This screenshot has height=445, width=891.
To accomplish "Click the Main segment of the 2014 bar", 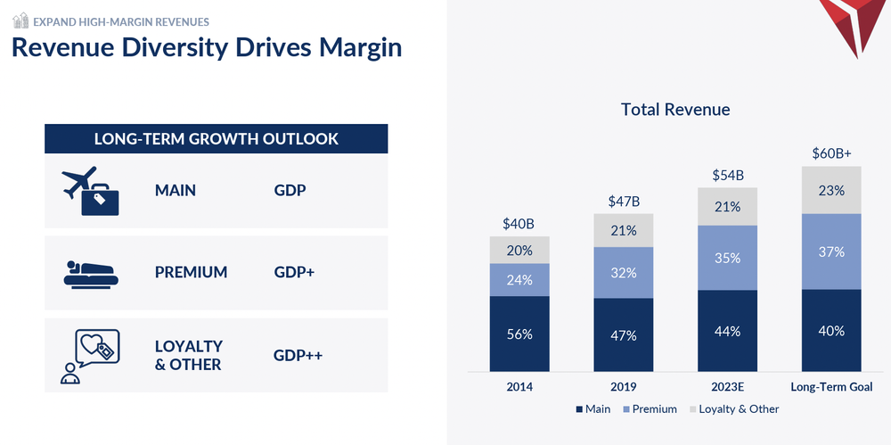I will pyautogui.click(x=519, y=334).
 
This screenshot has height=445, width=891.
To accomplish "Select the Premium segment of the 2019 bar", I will pyautogui.click(x=624, y=273).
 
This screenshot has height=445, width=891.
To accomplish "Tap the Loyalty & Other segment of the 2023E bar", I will pyautogui.click(x=727, y=207).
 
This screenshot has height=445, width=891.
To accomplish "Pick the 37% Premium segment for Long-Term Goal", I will pyautogui.click(x=831, y=251).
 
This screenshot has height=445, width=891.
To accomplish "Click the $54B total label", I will pyautogui.click(x=727, y=176).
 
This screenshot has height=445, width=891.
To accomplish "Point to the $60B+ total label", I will pyautogui.click(x=831, y=153).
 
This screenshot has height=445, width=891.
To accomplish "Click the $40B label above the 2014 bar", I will pyautogui.click(x=519, y=224).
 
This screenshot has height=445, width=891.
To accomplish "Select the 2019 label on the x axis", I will pyautogui.click(x=624, y=387).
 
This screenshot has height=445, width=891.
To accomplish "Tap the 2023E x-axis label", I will pyautogui.click(x=727, y=387).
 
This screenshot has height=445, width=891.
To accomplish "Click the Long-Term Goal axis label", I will pyautogui.click(x=831, y=387).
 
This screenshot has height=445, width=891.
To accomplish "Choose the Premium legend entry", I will pyautogui.click(x=650, y=409).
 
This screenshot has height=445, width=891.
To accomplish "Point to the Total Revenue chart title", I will pyautogui.click(x=675, y=110).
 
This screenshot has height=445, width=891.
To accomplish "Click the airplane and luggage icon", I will pyautogui.click(x=91, y=190).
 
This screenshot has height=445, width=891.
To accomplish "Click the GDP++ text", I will pyautogui.click(x=298, y=356).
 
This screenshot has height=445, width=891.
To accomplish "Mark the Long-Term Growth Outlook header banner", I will pyautogui.click(x=217, y=139).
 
